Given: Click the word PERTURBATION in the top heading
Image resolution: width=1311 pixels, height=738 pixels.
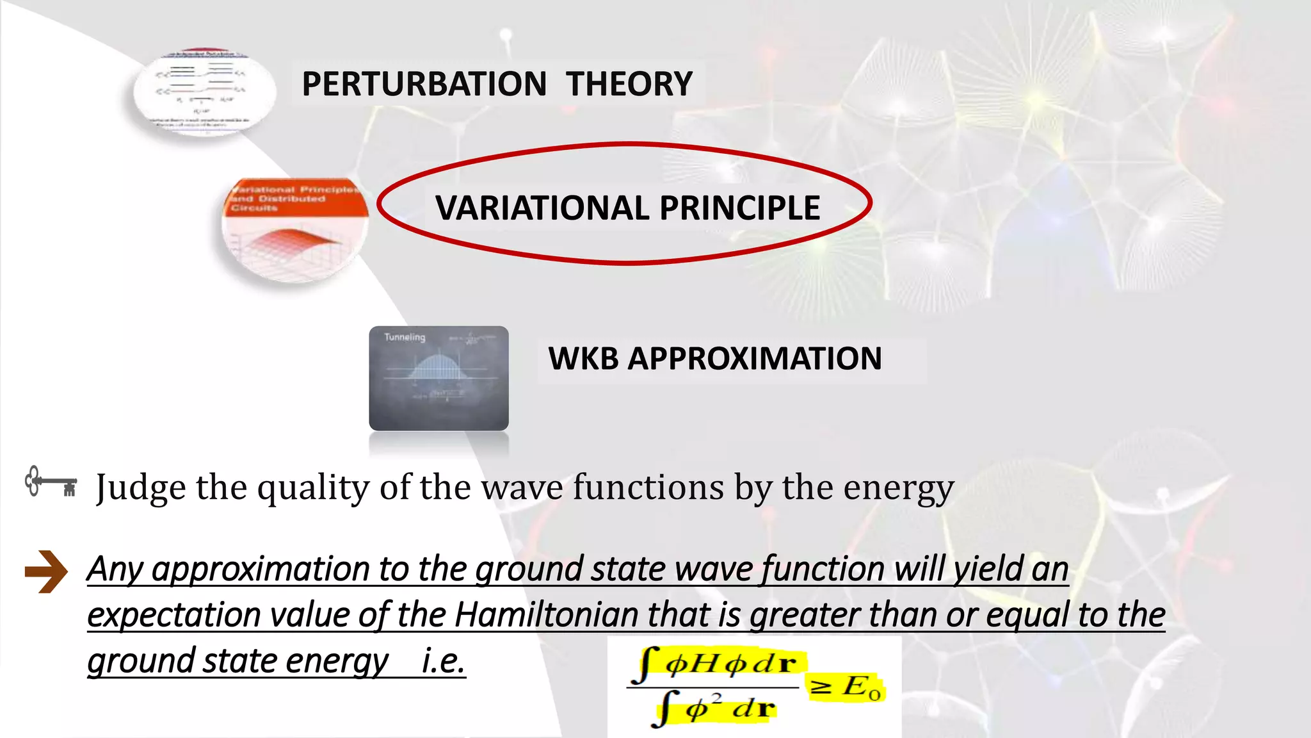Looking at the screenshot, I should (x=424, y=84).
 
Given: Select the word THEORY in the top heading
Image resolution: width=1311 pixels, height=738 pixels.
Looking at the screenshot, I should (x=629, y=84).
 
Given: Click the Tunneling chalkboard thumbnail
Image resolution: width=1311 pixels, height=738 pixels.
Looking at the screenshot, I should (x=438, y=378).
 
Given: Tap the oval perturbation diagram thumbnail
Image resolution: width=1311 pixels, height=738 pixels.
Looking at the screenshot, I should (x=204, y=92).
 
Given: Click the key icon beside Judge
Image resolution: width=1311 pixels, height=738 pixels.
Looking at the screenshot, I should (x=51, y=482).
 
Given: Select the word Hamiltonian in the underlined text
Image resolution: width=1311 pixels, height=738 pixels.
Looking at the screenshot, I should (x=546, y=615).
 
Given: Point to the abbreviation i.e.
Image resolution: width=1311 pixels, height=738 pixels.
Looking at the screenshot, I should (x=443, y=661).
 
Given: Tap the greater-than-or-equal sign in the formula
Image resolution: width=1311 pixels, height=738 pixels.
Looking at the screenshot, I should (x=821, y=687).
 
